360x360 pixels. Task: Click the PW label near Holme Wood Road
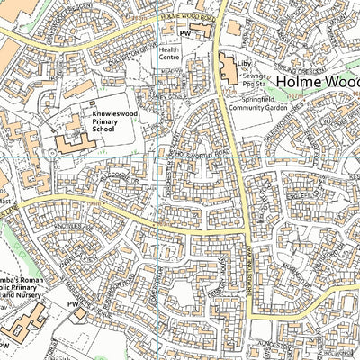click(186, 32)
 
